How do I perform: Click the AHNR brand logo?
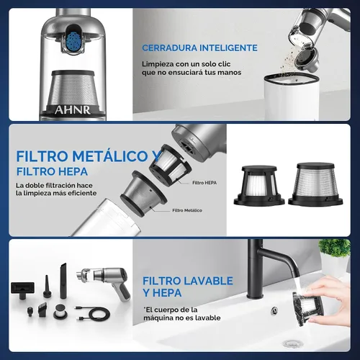pos(73,110)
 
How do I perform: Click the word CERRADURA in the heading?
pos(169,48)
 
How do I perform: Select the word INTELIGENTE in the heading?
pos(228,48)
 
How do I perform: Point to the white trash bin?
pos(292,96)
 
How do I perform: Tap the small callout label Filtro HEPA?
pos(204,183)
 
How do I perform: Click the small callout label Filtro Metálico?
pos(187,210)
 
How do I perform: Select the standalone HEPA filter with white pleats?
pos(259,185)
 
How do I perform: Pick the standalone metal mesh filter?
pos(315,184)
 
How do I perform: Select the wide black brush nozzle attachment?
pos(22,289)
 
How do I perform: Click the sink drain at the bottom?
pos(292,344)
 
